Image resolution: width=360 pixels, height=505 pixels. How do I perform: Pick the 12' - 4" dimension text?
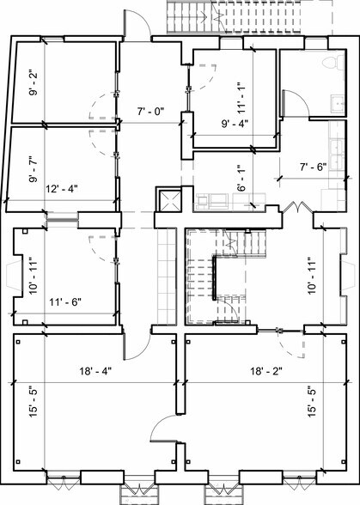coord(64,188)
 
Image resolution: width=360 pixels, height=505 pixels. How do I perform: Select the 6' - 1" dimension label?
coord(241,177)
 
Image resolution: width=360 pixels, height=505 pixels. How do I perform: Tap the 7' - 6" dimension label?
coord(312,167)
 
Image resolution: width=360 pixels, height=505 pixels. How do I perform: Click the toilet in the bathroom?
coord(326,63)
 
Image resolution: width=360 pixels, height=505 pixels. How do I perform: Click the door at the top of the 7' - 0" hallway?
coord(137,26)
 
